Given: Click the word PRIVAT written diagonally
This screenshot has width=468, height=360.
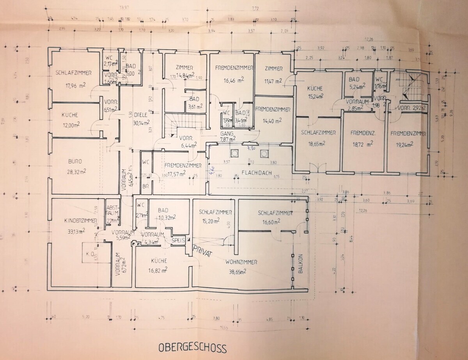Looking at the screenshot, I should [x=202, y=250].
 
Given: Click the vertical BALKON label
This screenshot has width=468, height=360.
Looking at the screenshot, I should [x=300, y=265].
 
